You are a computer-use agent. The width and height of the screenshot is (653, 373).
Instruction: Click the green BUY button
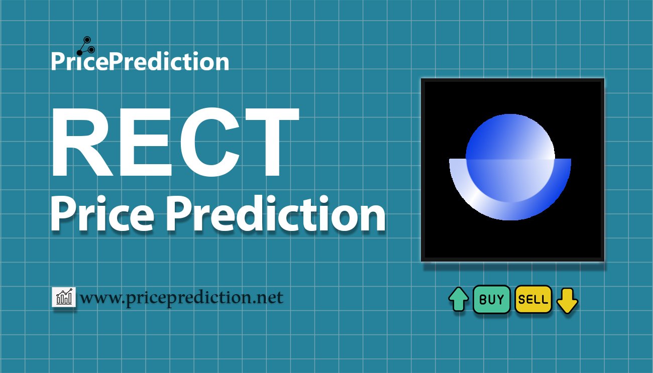click(491, 300)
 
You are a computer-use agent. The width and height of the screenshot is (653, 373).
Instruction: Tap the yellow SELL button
click(533, 300)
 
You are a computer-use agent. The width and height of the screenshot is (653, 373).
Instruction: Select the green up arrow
click(458, 300)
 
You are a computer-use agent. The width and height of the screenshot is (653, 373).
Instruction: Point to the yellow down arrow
click(567, 300)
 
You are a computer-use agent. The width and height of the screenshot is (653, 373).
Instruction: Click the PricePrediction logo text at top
click(140, 62)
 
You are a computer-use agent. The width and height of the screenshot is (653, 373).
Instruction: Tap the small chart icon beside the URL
click(64, 297)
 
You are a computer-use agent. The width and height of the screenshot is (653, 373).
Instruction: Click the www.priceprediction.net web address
click(181, 298)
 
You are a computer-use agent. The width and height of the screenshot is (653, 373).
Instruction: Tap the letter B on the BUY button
click(483, 300)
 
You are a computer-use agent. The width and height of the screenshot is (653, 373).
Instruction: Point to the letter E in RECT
click(143, 144)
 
